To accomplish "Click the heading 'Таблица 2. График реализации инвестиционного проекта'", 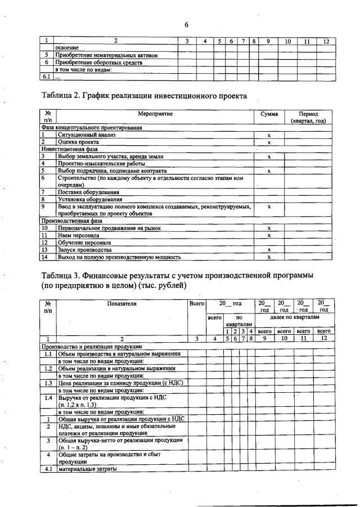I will tap(145, 96).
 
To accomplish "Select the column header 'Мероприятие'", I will tap(155, 114).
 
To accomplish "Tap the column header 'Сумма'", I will tap(269, 114).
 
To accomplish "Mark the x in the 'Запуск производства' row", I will tap(269, 250).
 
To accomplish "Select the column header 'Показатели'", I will tap(121, 304).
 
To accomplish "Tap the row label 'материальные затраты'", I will tap(87, 469).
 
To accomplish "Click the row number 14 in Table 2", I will tap(44, 257).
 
